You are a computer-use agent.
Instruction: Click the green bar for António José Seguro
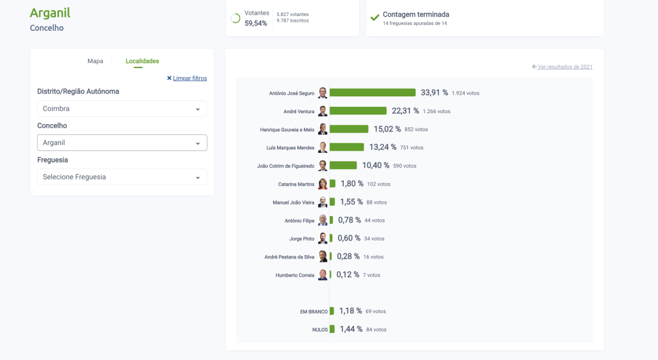tap(373, 93)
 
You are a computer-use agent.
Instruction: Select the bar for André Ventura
tap(358, 111)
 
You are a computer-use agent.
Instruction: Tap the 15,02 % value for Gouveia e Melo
tap(387, 129)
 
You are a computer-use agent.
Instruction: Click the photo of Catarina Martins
tap(323, 184)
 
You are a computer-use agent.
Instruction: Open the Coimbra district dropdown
tap(122, 109)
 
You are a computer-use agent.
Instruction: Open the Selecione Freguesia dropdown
tap(122, 177)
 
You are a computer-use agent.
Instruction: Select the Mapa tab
tap(95, 61)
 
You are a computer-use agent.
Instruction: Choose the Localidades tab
tap(142, 61)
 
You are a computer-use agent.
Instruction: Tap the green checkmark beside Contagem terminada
tap(375, 17)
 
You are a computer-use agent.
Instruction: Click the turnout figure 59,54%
tap(256, 23)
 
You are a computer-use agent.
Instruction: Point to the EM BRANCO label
tap(314, 312)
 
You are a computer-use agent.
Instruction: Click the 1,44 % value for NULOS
tap(351, 329)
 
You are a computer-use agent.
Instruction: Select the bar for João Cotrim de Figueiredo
tap(343, 165)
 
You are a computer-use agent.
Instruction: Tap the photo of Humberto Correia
tap(323, 275)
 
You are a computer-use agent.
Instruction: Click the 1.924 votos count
tap(465, 93)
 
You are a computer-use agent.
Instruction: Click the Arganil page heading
tap(50, 13)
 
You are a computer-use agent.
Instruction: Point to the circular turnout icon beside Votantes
tap(236, 19)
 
